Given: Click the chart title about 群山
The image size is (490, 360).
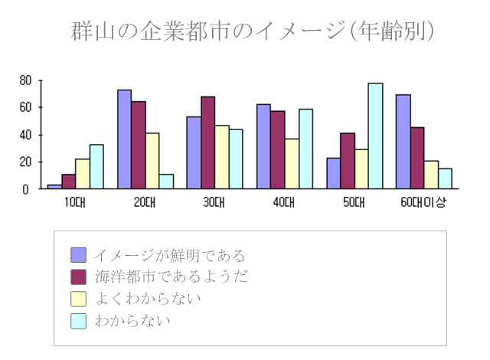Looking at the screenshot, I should coord(253,31).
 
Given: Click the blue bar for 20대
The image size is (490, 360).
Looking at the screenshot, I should coord(124,139).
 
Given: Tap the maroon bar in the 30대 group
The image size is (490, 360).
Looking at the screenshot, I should coord(207,142).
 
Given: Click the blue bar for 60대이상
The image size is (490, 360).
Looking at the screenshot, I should coord(403,141).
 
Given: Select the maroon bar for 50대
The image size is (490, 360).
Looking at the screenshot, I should coord(348,160).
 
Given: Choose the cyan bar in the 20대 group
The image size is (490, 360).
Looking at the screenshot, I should coord(166,181).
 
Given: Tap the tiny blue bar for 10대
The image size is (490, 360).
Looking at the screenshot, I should coord(54,186).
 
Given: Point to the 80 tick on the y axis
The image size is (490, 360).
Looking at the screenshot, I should coord(25,80).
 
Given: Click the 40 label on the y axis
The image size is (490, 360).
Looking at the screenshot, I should coord(25,135).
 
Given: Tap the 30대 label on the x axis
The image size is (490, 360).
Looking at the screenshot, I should coord(214,202).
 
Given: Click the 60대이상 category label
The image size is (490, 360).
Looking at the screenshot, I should coord(423,202).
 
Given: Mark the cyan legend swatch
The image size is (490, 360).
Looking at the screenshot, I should coord(78,321).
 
